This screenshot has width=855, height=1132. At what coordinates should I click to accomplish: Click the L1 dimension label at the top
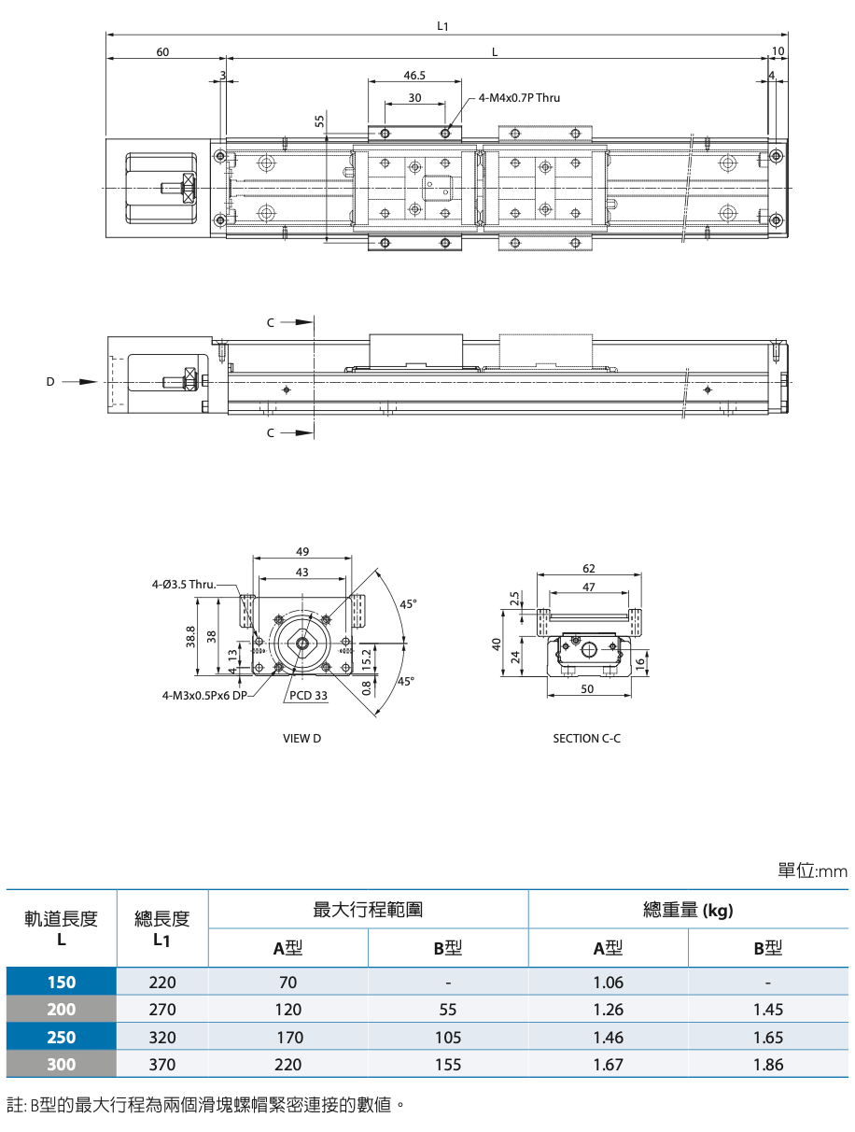(x=442, y=26)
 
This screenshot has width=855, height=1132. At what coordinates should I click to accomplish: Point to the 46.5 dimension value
(x=414, y=76)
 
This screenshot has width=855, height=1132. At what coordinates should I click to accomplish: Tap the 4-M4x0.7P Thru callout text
(x=519, y=98)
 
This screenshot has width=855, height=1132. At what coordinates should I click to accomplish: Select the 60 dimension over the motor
(x=162, y=52)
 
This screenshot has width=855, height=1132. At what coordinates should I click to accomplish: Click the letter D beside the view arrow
(x=50, y=382)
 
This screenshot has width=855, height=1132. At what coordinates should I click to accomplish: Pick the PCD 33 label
(x=308, y=695)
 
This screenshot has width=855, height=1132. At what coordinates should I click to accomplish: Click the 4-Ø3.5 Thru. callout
(x=184, y=585)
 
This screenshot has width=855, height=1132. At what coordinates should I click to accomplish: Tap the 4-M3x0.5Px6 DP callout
(x=204, y=696)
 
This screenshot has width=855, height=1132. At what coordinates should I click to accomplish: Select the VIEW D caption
(x=302, y=739)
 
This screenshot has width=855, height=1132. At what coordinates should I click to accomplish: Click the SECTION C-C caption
(x=586, y=739)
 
